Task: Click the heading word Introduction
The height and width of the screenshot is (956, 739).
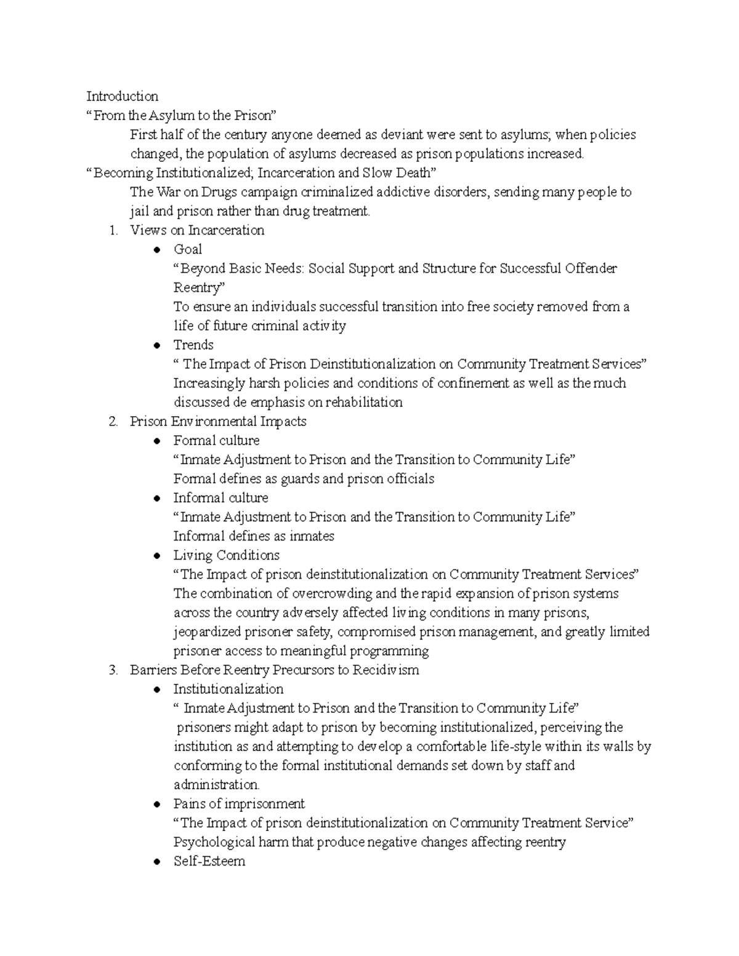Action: (122, 96)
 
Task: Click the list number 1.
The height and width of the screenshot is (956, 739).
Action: (112, 230)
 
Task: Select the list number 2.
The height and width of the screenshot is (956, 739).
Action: (112, 422)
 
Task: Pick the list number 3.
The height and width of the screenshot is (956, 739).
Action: (112, 670)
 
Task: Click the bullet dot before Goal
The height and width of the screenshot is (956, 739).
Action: (158, 250)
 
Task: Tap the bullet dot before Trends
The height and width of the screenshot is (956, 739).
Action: (158, 345)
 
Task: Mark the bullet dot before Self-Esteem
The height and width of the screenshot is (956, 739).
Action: (158, 862)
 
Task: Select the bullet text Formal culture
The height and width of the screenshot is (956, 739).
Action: (216, 441)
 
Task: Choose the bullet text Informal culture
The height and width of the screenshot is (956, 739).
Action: (220, 498)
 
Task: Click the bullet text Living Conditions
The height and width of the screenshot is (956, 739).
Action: (226, 555)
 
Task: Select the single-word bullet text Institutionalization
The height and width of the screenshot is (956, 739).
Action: (228, 689)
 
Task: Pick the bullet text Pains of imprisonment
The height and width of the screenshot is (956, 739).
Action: (239, 804)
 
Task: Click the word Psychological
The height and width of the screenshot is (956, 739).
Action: (213, 842)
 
